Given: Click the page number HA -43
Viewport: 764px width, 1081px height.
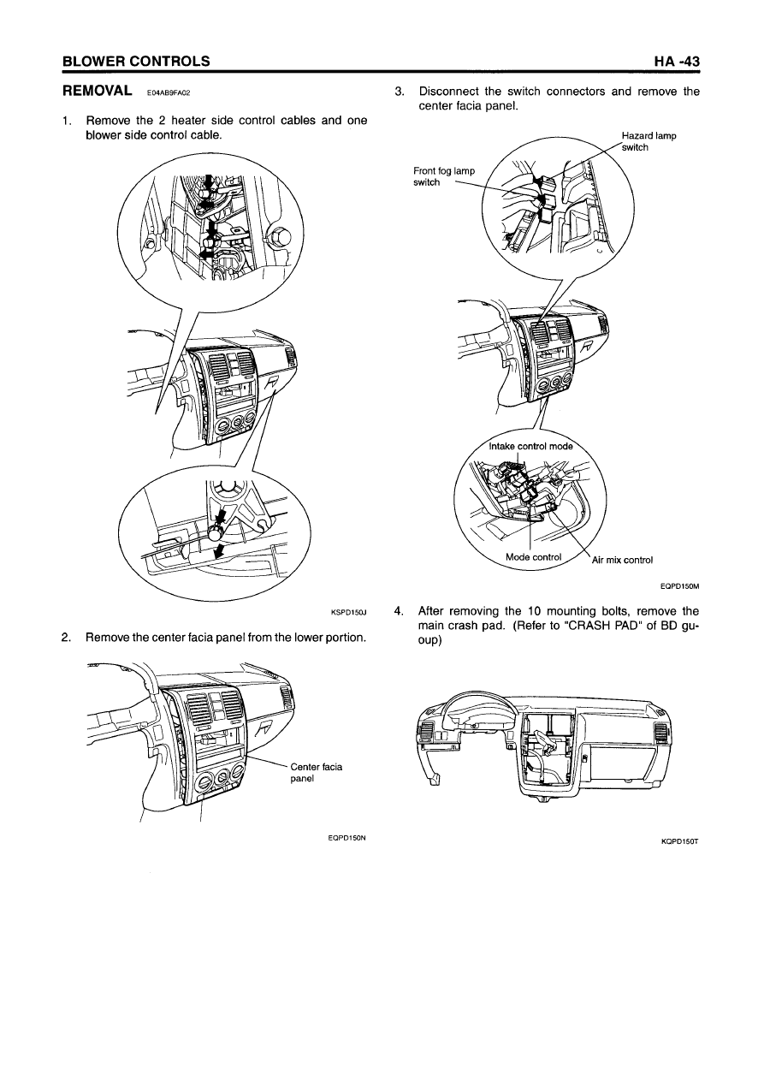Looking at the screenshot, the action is (677, 62).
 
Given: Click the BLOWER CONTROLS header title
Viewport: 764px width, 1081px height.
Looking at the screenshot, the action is (137, 62).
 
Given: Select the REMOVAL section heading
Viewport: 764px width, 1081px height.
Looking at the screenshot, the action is (98, 90).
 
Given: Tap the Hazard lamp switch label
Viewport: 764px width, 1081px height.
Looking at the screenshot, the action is (649, 142).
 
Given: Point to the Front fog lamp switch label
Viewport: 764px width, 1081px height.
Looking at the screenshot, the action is (444, 176).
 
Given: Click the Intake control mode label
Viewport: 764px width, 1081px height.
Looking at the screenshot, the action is (531, 447).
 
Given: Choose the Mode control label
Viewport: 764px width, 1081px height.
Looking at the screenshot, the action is (534, 557).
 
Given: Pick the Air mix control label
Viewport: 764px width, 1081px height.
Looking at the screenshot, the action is (622, 560).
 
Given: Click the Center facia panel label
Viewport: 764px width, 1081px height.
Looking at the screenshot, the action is (316, 773).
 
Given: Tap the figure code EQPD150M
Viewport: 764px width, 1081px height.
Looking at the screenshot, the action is (679, 586).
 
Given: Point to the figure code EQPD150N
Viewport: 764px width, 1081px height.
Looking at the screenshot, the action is (346, 838).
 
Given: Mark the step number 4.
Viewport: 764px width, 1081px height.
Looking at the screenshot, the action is (398, 611).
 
